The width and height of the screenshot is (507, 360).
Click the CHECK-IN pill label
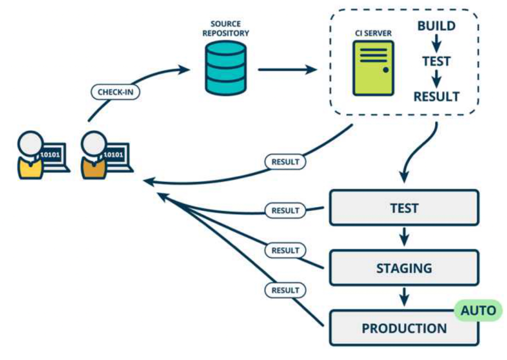click(x=115, y=92)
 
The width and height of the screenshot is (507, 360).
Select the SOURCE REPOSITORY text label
click(x=225, y=28)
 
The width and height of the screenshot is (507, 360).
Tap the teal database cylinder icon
click(x=225, y=68)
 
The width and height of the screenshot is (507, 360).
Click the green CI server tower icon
click(x=373, y=68)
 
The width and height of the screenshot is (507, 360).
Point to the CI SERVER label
click(x=373, y=33)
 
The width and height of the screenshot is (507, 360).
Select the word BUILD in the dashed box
click(x=436, y=26)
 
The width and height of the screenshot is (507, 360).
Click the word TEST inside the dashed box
click(x=436, y=61)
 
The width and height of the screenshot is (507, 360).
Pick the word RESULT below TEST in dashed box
click(x=436, y=96)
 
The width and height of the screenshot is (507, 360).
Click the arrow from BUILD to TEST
click(x=436, y=43)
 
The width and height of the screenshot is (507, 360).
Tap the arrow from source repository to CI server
click(x=287, y=69)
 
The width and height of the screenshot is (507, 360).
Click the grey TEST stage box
click(x=404, y=207)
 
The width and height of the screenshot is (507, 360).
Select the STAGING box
click(x=404, y=268)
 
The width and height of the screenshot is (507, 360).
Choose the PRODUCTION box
click(x=404, y=328)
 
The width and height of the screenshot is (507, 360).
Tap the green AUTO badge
click(x=478, y=310)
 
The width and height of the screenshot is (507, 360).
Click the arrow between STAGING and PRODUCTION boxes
click(x=404, y=297)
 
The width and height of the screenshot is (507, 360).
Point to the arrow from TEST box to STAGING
click(x=404, y=237)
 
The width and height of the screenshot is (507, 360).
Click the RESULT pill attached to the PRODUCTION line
click(x=285, y=290)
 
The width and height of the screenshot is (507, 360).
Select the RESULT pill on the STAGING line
click(x=285, y=250)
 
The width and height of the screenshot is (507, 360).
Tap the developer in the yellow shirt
click(x=30, y=155)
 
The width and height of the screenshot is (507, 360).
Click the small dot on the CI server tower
click(x=385, y=69)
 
